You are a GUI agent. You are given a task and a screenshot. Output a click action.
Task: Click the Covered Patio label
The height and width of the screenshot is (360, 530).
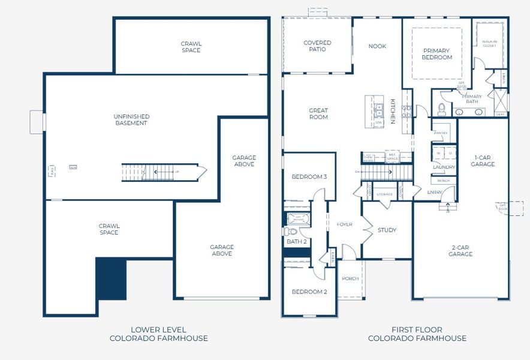(x=317, y=46)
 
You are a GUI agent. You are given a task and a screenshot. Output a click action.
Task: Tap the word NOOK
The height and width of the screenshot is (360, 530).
(x=377, y=46)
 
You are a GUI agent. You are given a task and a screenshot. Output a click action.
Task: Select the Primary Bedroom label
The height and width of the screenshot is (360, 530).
(x=437, y=54)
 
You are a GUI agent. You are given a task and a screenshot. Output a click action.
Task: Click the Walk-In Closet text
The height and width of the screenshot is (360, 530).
(x=489, y=44)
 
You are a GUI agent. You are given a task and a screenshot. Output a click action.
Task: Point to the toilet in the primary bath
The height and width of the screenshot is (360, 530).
(x=442, y=109)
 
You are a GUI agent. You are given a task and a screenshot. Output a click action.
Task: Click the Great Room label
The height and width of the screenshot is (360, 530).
(x=318, y=113)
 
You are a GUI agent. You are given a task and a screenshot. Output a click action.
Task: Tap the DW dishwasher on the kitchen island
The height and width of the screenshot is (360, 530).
(x=379, y=122)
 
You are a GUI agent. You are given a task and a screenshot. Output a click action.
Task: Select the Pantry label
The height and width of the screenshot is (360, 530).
(x=441, y=133)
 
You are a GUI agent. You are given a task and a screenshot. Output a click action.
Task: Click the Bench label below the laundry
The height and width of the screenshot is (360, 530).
(x=444, y=181)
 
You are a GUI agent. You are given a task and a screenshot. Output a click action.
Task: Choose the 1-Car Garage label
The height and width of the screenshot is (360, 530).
(x=483, y=160)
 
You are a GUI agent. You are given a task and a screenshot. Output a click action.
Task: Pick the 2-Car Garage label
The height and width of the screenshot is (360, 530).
(x=460, y=250)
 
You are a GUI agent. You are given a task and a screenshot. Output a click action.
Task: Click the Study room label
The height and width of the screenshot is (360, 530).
(x=387, y=230)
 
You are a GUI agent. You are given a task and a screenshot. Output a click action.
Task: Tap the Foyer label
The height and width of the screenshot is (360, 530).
(x=344, y=224)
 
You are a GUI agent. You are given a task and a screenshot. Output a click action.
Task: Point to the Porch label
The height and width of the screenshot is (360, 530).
(x=350, y=278)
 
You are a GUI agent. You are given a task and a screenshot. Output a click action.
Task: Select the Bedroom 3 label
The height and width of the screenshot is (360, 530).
(x=309, y=177)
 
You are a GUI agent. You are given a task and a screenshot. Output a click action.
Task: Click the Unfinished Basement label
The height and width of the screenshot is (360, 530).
(x=131, y=119)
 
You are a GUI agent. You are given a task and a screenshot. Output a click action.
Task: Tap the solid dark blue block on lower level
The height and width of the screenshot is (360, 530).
(x=112, y=279)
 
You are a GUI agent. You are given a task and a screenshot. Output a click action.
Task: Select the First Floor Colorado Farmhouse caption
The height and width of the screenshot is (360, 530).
(x=417, y=334)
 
